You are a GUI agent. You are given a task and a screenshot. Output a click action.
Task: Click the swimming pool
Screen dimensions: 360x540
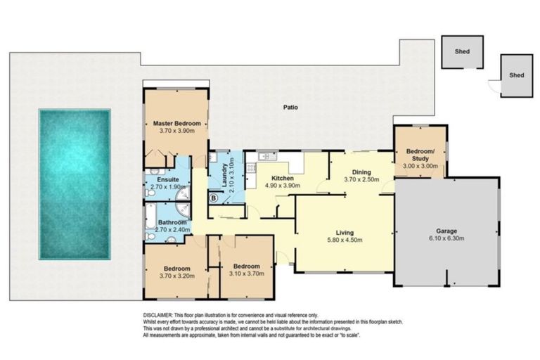(75, 184)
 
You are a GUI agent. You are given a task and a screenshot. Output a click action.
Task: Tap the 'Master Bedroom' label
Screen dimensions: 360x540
(176, 124)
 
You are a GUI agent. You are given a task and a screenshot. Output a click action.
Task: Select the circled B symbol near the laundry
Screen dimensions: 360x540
(213, 198)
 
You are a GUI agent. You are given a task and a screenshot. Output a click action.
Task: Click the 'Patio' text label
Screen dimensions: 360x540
(290, 108)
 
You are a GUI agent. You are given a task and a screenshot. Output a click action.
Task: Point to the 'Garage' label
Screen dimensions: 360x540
(446, 231)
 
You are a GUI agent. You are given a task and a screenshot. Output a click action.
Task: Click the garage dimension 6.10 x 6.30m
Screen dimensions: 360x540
(446, 238)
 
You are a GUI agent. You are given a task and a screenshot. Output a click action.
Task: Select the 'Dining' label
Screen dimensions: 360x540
(361, 172)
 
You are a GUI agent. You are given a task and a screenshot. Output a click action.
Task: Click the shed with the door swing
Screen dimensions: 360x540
(516, 75)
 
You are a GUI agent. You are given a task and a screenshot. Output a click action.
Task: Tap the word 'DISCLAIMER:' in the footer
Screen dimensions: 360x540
(157, 316)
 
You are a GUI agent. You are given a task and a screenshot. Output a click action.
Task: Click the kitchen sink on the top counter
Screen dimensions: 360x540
(264, 156)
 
